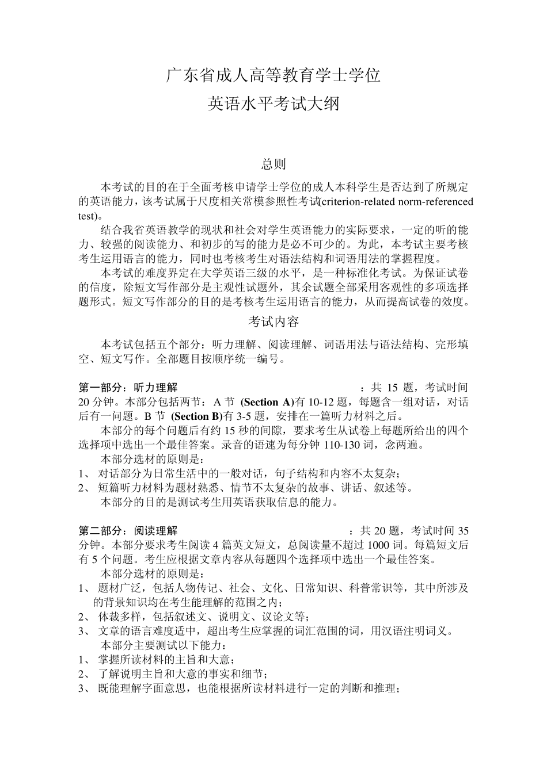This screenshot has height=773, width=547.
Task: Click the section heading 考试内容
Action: coord(273,321)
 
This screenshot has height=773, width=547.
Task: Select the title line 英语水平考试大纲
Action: coord(273,104)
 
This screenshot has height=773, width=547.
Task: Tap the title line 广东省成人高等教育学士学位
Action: coord(273,75)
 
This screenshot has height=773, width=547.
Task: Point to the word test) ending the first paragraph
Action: coord(89,216)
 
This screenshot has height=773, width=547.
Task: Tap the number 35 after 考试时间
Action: coord(462,530)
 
